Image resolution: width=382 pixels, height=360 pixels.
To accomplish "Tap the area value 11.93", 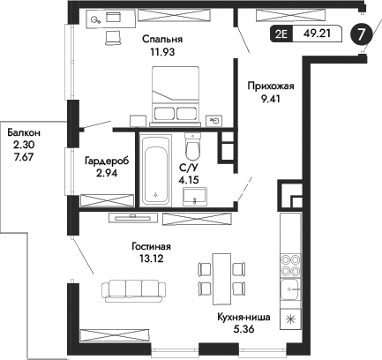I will pos(161,52).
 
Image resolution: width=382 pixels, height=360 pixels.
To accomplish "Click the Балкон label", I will pos(24,131).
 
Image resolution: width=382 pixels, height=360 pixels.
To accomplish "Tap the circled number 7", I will pos(362,34).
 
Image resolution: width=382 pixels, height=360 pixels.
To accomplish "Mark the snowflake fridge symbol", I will pos(289,319).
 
